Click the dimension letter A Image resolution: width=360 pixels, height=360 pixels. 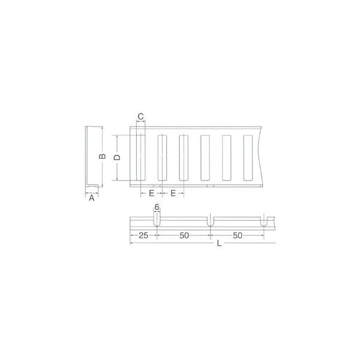pyautogui.click(x=92, y=198)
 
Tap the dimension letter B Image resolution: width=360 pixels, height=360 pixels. pyautogui.click(x=102, y=156)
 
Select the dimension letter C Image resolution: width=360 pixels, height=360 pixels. pyautogui.click(x=140, y=116)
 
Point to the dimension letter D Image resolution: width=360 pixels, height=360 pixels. pyautogui.click(x=117, y=157)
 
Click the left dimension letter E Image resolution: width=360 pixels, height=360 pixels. pyautogui.click(x=152, y=193)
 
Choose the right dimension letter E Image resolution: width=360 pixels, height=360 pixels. pyautogui.click(x=173, y=193)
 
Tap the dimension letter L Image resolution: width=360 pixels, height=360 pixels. pyautogui.click(x=219, y=244)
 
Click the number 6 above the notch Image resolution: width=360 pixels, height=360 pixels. pyautogui.click(x=157, y=207)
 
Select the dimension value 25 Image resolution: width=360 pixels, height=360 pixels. pyautogui.click(x=143, y=235)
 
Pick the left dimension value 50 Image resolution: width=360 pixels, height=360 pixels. pyautogui.click(x=184, y=235)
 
